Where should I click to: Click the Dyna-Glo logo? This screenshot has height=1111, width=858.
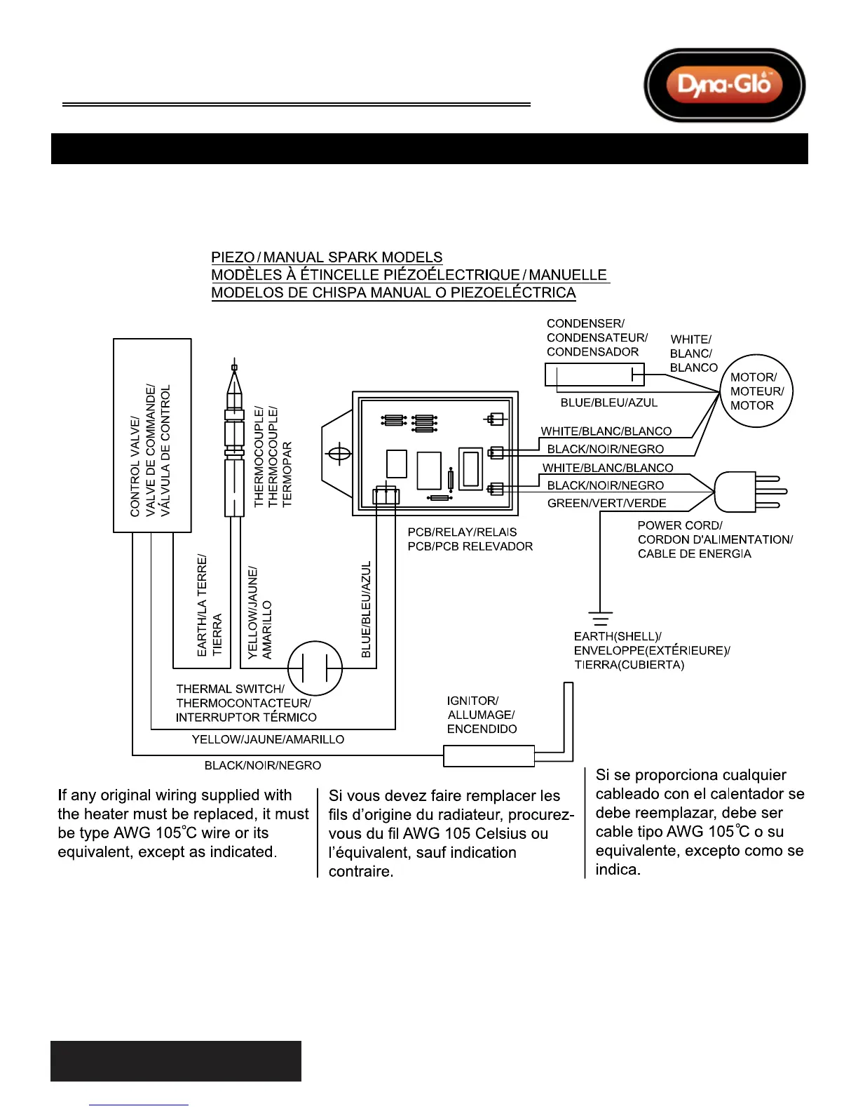coord(724,85)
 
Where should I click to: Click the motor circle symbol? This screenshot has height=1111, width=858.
coord(756,391)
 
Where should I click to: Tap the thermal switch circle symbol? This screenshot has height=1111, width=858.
coord(315,668)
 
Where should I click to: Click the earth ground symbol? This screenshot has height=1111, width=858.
coord(600,619)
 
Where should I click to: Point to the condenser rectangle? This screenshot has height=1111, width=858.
coord(594,375)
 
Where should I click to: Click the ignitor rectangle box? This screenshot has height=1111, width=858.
coord(489,755)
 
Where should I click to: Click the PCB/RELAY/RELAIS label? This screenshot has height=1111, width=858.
coord(462,532)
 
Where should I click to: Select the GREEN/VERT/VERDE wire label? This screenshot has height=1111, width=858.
coord(606,503)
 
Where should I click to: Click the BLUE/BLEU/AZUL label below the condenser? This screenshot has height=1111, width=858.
coord(608,403)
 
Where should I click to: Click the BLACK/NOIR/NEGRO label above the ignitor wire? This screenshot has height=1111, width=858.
coord(262,765)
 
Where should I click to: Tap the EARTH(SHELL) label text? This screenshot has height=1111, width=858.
coord(617,636)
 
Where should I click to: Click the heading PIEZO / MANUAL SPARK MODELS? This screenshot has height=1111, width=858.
coord(327,257)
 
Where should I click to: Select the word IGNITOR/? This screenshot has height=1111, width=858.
coord(472,701)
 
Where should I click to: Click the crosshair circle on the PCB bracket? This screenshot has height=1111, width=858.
coord(339,454)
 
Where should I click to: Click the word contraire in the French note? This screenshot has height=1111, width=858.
coord(360,871)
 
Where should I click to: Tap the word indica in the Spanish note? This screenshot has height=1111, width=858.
coord(617,870)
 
